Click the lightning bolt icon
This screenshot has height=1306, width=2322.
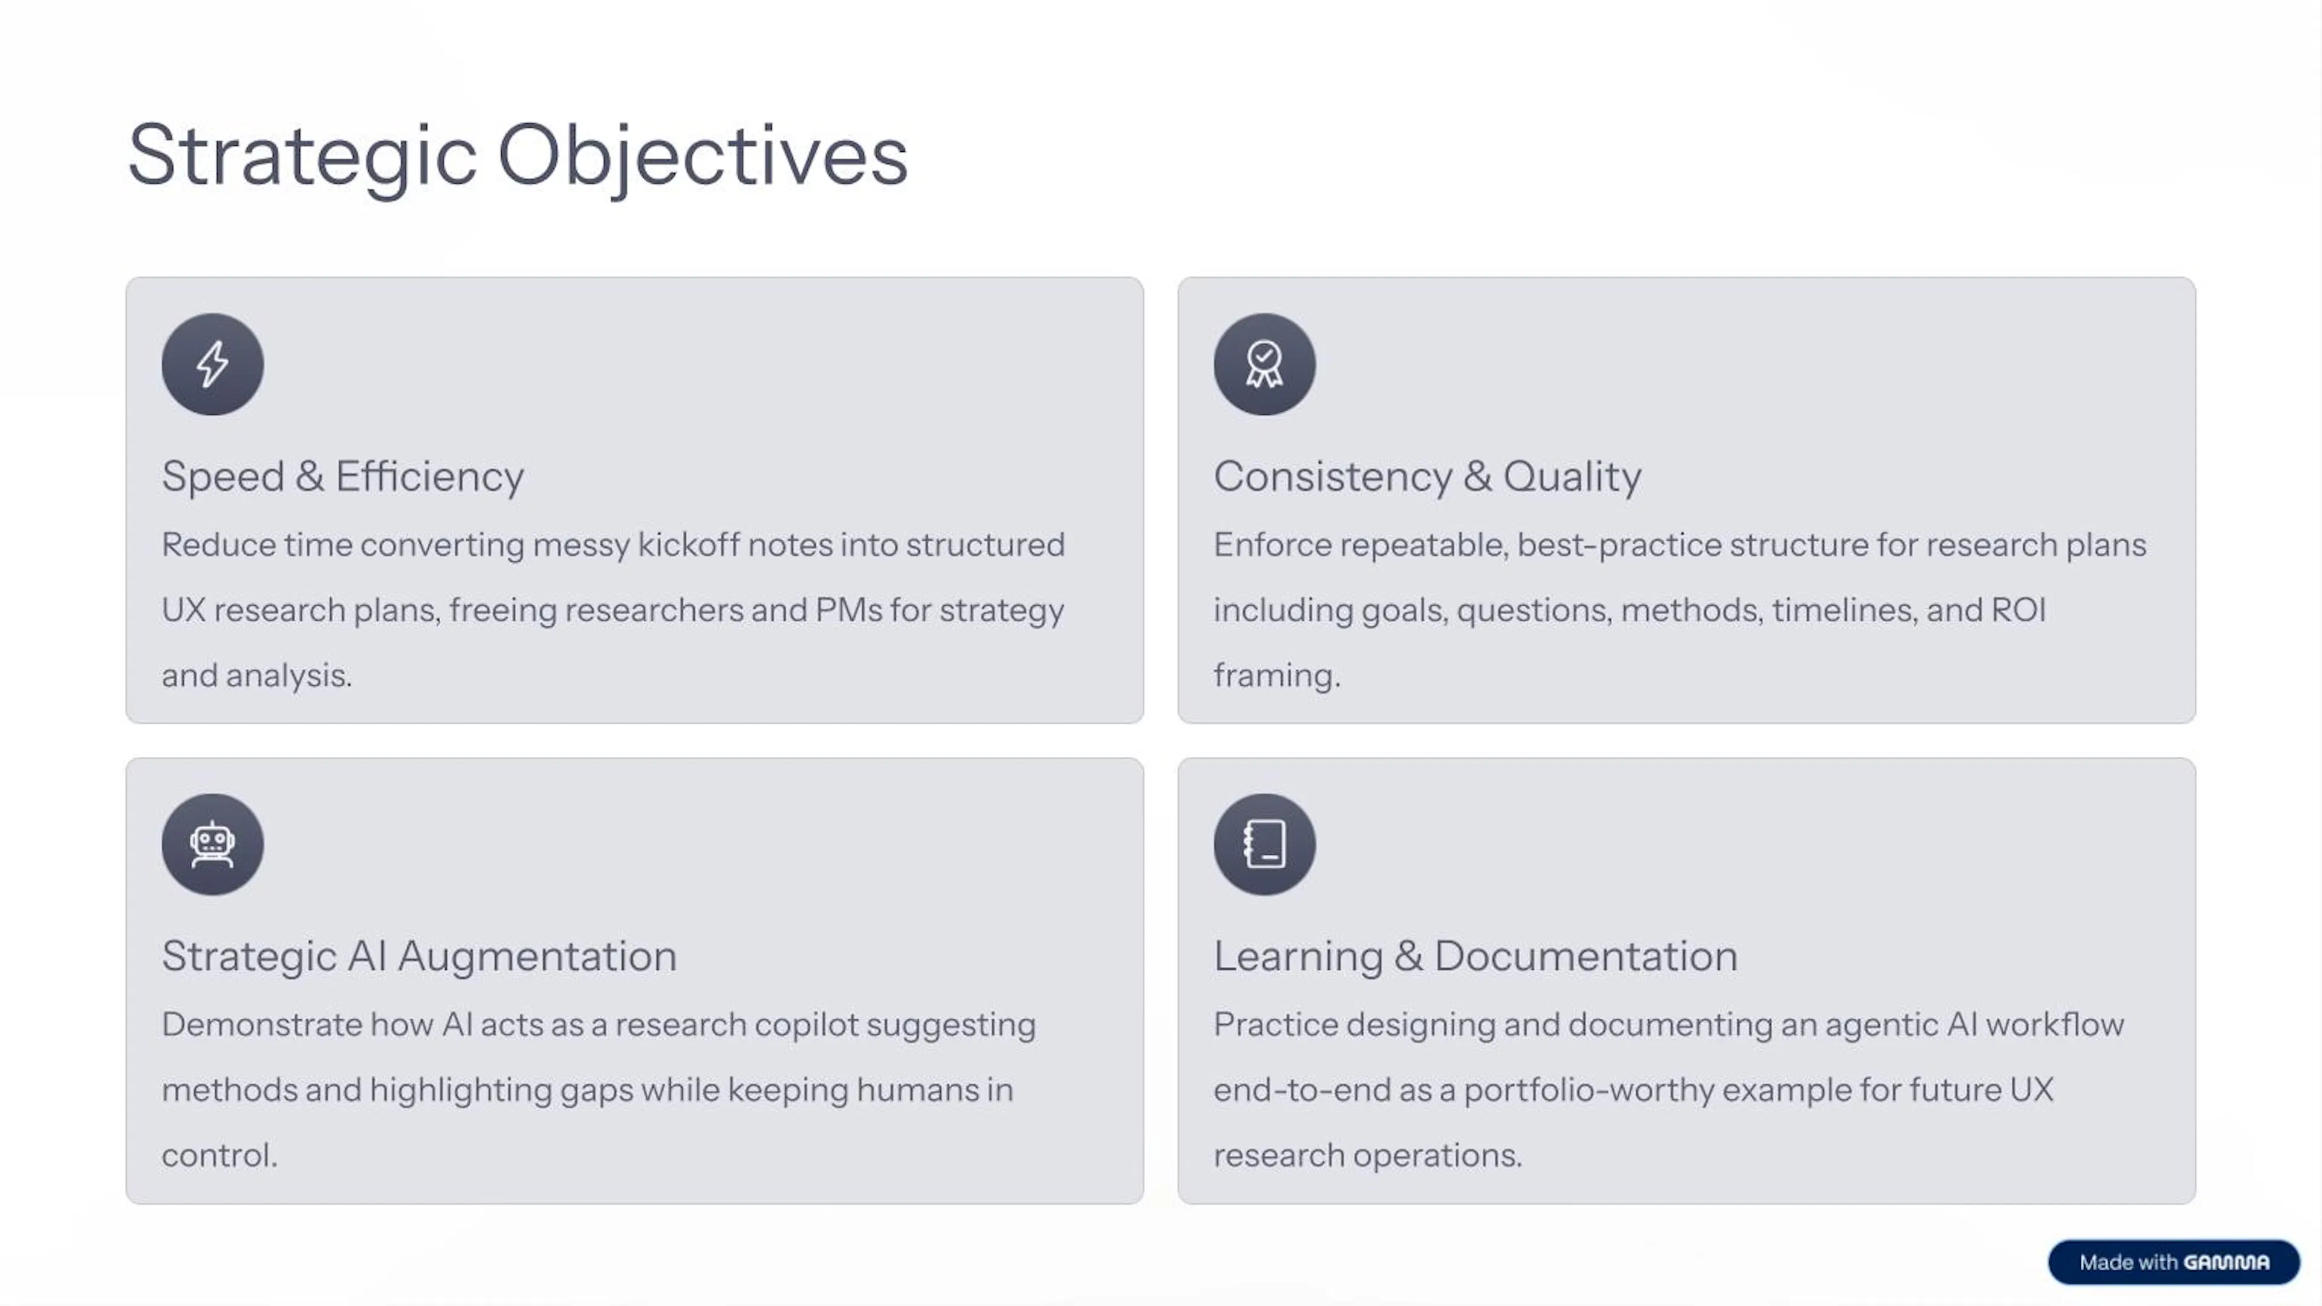(x=213, y=364)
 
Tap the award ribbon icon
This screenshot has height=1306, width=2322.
(x=1264, y=364)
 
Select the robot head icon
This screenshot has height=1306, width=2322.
(x=213, y=845)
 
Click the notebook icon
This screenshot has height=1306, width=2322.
(x=1264, y=845)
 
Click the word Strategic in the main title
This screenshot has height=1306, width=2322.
(x=302, y=156)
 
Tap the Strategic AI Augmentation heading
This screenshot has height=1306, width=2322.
(x=419, y=957)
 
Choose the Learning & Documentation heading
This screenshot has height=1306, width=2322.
(x=1475, y=957)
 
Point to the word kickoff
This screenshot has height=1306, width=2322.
(x=688, y=545)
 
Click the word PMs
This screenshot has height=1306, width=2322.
(x=848, y=610)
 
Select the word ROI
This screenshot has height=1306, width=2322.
(x=2018, y=610)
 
